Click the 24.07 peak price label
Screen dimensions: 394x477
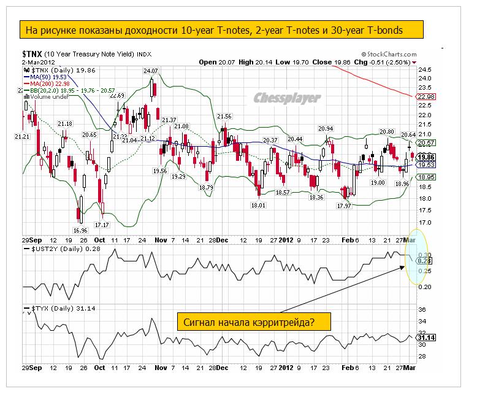(x=151, y=71)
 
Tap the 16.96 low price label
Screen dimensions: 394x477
(x=80, y=230)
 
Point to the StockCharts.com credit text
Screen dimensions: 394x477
(x=389, y=54)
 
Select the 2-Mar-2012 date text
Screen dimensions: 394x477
(x=39, y=62)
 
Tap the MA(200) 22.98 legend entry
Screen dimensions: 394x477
(x=49, y=83)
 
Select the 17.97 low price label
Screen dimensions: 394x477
(x=344, y=206)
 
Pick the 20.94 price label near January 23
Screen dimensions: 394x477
(x=326, y=128)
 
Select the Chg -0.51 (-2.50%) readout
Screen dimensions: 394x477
(x=384, y=62)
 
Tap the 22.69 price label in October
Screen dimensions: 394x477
(x=117, y=95)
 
